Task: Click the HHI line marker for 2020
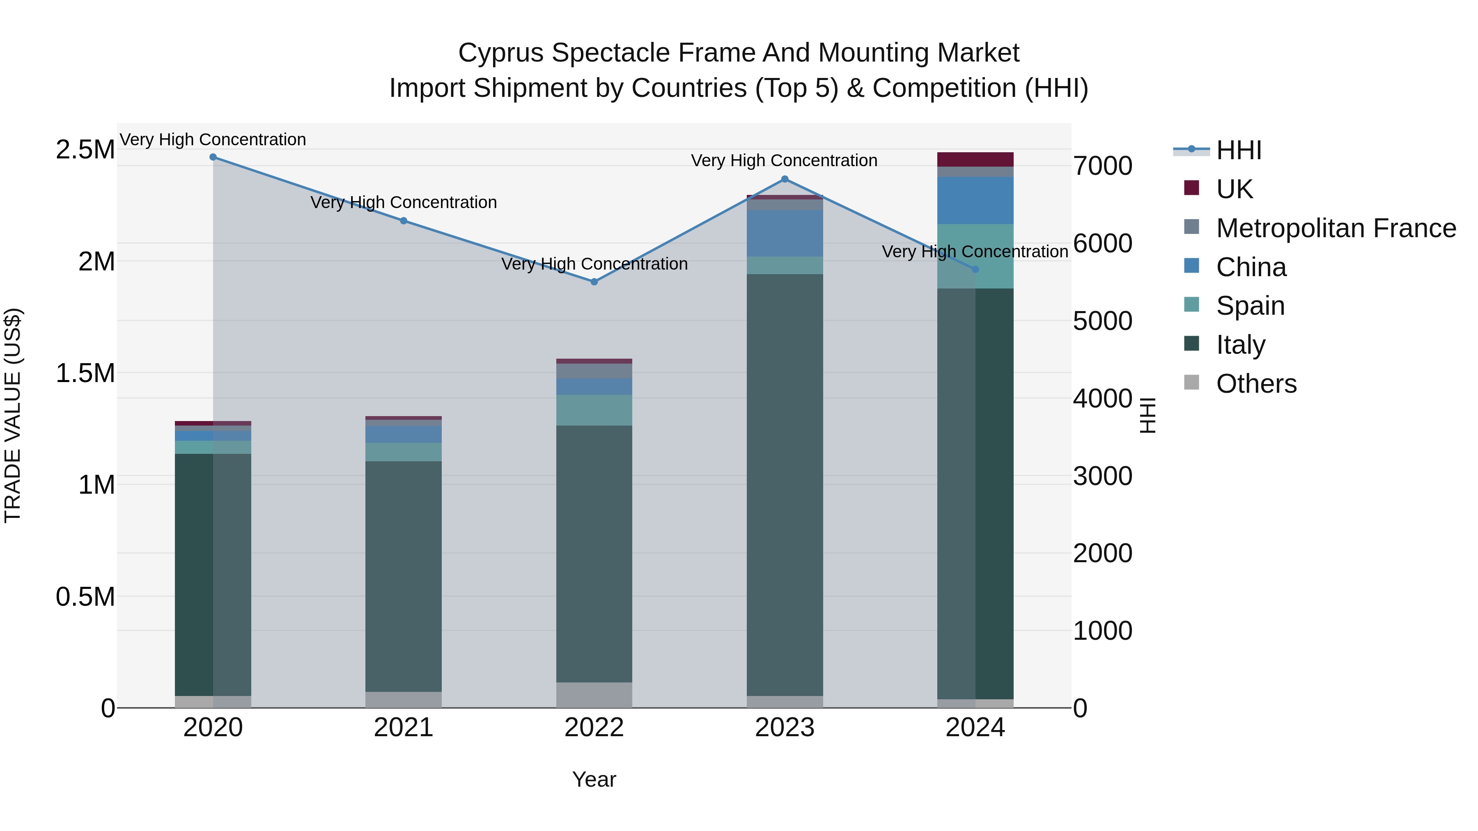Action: click(x=213, y=157)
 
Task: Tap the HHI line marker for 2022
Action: click(x=594, y=282)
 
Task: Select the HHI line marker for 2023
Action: click(x=785, y=179)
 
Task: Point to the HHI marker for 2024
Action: click(x=975, y=269)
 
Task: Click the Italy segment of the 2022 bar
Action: click(x=594, y=554)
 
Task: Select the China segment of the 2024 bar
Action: click(x=975, y=200)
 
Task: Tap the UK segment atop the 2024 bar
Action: click(x=975, y=160)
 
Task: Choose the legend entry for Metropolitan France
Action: click(x=1336, y=228)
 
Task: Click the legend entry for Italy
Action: click(x=1240, y=345)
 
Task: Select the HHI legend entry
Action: click(x=1238, y=150)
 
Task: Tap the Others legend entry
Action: click(x=1256, y=384)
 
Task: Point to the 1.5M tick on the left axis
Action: click(x=85, y=373)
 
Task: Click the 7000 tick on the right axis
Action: click(x=1103, y=166)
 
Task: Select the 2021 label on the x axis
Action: click(x=403, y=728)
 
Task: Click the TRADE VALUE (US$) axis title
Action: click(x=13, y=415)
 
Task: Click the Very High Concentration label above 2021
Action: click(x=403, y=202)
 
